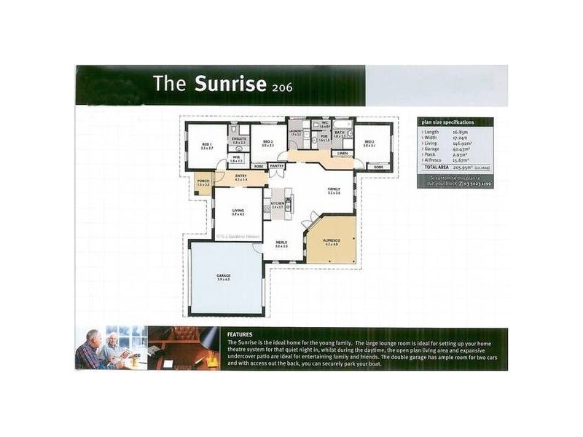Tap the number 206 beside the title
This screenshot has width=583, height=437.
(x=281, y=86)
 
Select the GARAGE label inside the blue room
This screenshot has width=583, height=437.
(x=224, y=276)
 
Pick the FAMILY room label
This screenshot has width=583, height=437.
(x=334, y=189)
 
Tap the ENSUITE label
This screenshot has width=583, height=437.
(x=238, y=137)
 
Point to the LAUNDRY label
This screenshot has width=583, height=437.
(x=295, y=131)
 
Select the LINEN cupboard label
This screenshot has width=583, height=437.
(x=342, y=153)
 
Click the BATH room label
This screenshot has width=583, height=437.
(x=339, y=132)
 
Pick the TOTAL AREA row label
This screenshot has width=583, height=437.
(x=438, y=167)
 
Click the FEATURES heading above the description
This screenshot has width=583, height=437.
(x=240, y=334)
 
